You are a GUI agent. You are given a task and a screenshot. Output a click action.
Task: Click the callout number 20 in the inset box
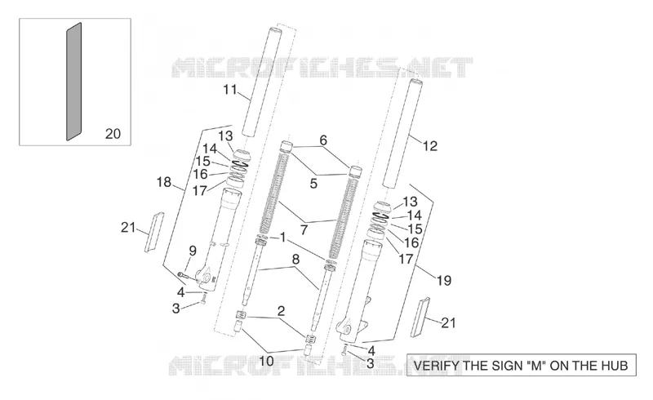point(113,134)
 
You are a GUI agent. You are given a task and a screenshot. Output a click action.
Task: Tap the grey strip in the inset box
point(74,82)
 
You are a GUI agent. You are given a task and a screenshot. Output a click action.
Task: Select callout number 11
point(230,90)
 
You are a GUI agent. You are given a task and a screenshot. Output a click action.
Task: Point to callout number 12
point(430,146)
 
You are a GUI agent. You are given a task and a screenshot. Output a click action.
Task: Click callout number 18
point(164,182)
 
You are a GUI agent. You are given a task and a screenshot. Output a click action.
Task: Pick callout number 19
point(444,281)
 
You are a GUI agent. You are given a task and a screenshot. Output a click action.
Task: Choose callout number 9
point(193,251)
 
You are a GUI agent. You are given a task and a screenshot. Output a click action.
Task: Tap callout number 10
point(267,361)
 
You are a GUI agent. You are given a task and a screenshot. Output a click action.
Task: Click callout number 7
point(304,230)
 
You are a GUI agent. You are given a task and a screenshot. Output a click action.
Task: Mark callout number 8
point(295,259)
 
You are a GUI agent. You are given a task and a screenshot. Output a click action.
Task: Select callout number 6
point(323,140)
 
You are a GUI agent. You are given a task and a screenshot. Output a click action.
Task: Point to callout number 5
point(313,184)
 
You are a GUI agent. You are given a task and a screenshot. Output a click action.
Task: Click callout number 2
point(281,311)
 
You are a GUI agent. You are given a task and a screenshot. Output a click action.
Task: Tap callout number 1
point(283,238)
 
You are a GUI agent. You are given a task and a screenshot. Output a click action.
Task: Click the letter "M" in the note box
point(538,366)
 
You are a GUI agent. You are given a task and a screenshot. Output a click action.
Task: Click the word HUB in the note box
point(615,366)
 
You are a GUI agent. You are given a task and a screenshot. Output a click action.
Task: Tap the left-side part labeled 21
point(153,232)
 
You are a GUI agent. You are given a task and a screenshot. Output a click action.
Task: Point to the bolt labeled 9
point(182,274)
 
